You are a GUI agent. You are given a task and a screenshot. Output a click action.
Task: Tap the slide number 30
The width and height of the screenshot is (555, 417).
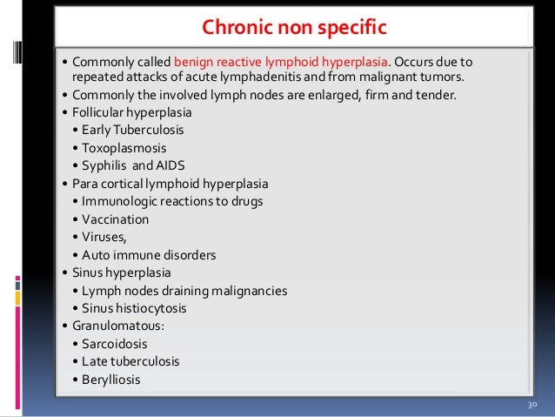[533, 407]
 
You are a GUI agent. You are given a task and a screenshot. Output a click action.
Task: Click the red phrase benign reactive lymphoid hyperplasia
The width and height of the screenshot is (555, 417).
[280, 63]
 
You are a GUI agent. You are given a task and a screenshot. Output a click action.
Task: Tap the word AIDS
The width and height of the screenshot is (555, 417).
[169, 166]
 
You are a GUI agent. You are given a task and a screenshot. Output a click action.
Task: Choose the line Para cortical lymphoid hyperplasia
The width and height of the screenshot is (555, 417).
[171, 184]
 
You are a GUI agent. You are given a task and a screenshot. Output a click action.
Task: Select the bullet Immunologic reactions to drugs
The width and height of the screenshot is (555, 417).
[171, 201]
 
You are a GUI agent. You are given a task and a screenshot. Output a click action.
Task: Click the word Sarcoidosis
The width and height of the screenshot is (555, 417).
[116, 343]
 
